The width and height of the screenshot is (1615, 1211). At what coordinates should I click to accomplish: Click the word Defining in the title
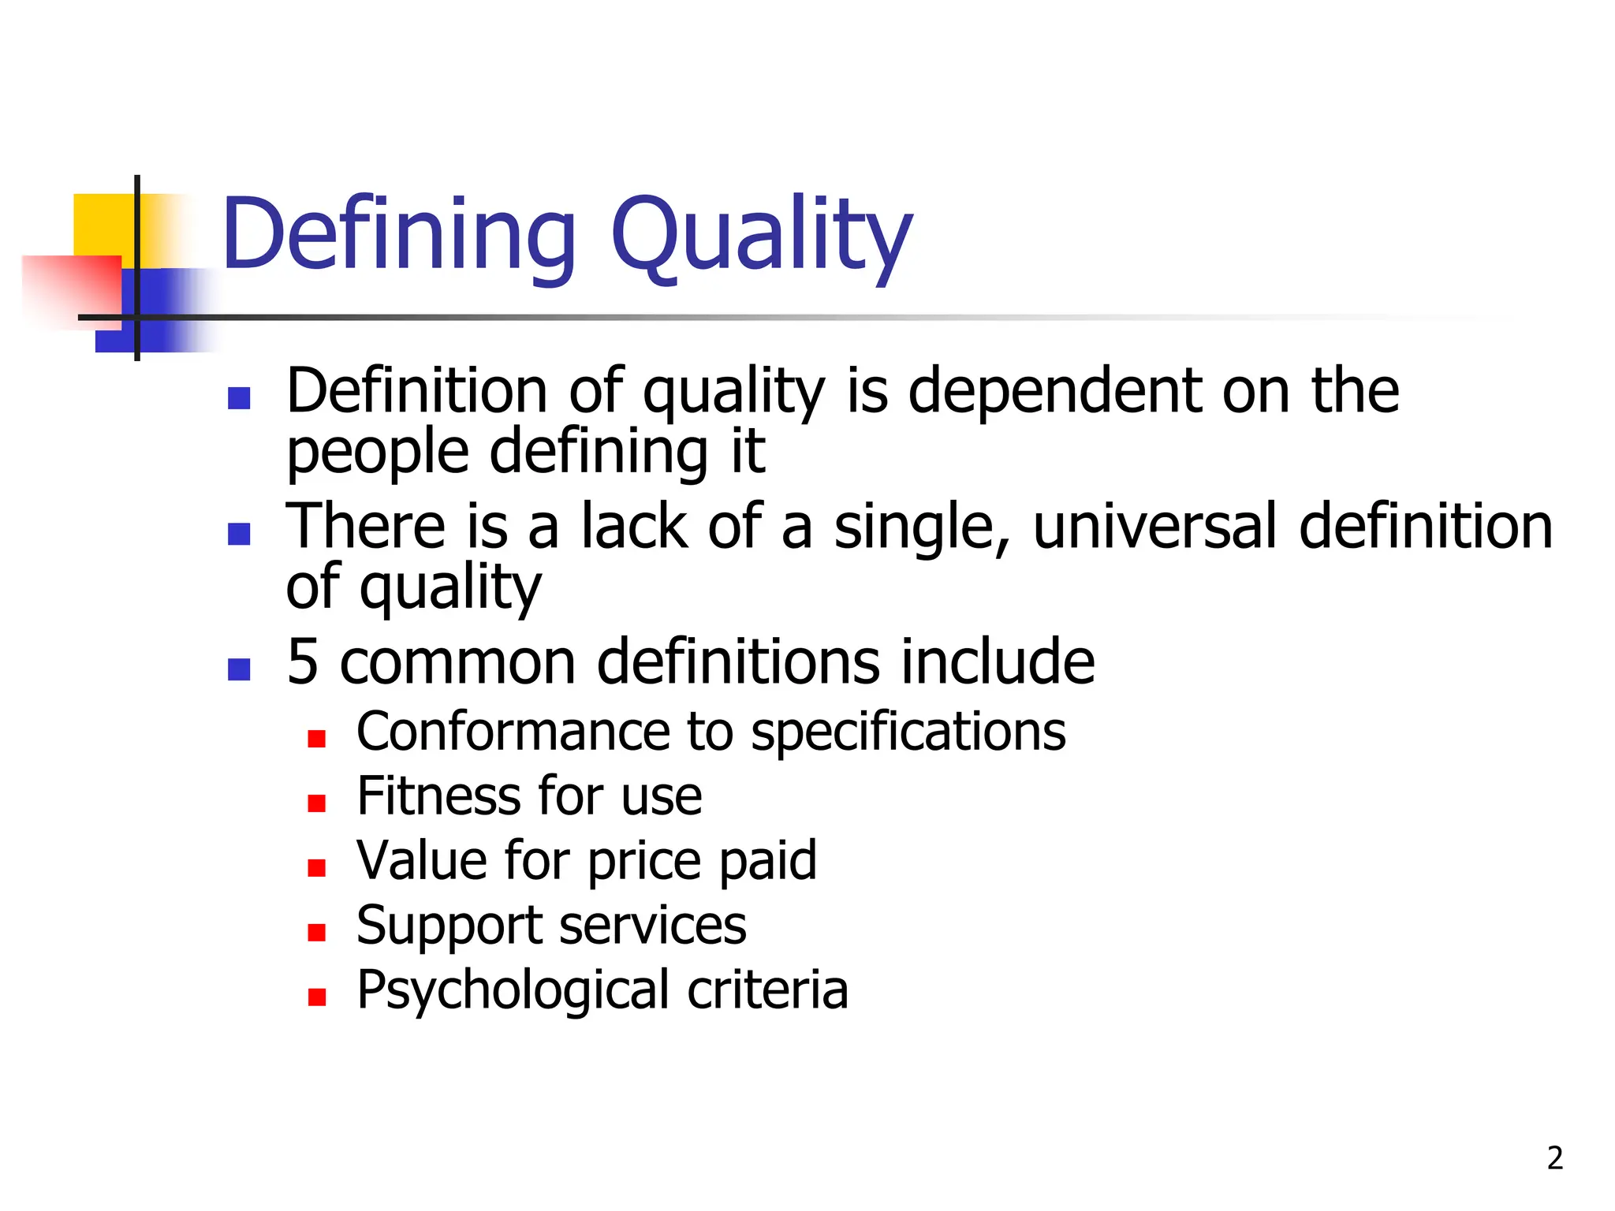pos(399,234)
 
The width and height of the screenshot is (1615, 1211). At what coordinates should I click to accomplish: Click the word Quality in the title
pos(761,237)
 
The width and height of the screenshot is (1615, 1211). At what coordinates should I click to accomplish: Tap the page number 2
pos(1554,1158)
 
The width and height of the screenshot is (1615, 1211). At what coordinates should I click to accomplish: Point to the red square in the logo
pos(71,288)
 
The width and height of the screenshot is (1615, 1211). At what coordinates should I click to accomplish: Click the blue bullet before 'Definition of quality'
pos(239,398)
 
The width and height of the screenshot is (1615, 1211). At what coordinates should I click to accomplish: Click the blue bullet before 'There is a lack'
pos(239,534)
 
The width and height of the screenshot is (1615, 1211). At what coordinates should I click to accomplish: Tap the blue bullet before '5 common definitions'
pos(239,669)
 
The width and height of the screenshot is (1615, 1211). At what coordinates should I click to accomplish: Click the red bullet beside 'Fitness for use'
pos(317,803)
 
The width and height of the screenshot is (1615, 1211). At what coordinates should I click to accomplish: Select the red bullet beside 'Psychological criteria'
pos(317,997)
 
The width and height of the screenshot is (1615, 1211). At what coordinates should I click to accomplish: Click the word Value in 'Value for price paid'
pos(423,860)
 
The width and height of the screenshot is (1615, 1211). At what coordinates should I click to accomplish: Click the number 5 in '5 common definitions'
pos(303,662)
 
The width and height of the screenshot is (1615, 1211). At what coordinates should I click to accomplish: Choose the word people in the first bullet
pos(378,453)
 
